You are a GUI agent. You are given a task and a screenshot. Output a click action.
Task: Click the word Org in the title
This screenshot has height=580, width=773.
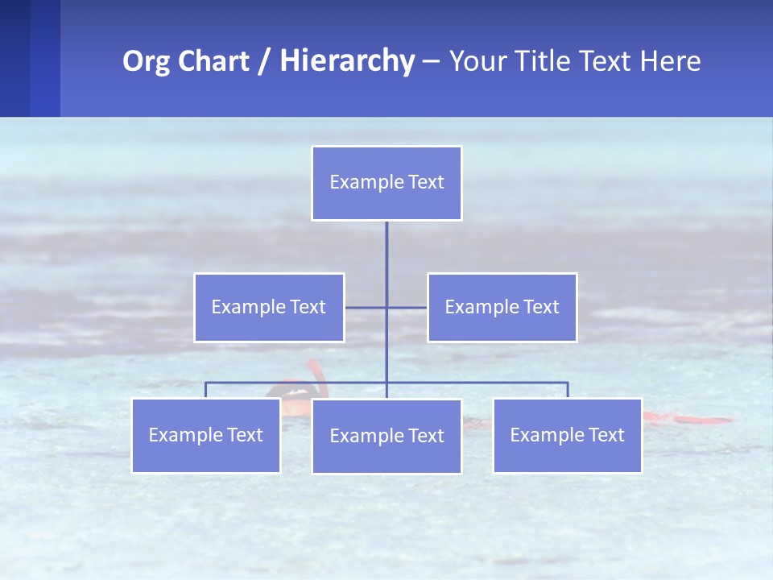point(146,61)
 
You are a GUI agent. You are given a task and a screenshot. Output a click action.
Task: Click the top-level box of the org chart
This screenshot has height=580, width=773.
point(386,183)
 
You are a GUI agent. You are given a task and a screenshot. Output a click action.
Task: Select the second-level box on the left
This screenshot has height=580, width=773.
point(269,308)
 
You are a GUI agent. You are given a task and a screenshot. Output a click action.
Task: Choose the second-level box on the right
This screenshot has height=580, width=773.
point(502,308)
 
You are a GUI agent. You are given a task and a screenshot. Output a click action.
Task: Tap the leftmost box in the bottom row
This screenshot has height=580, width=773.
point(206,436)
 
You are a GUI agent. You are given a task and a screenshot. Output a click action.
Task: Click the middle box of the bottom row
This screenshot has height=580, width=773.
point(386,437)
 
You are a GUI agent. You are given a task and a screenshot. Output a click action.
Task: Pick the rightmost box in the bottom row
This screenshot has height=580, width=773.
point(568,436)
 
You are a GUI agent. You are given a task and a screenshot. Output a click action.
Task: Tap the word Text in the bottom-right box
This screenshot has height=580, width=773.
point(606,436)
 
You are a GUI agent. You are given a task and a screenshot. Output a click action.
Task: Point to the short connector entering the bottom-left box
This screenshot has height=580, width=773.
point(205,390)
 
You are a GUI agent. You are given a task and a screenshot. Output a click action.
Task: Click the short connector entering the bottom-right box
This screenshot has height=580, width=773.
point(568,390)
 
